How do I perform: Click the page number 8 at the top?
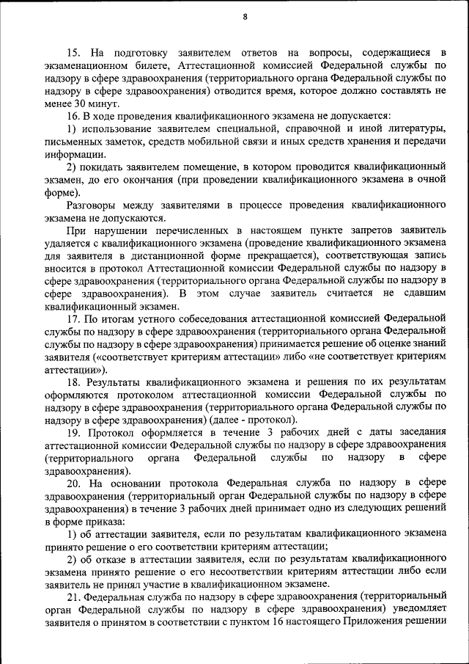pos(245,17)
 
